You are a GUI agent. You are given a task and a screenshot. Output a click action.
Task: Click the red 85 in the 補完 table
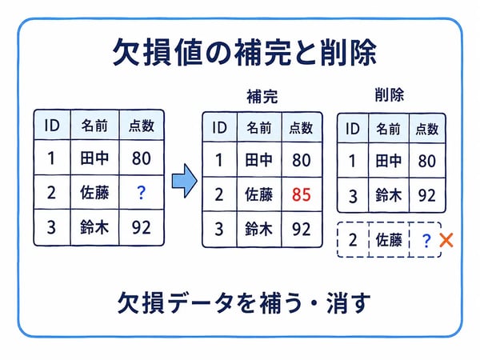click(302, 194)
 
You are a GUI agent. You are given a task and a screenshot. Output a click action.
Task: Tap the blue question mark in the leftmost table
click(141, 193)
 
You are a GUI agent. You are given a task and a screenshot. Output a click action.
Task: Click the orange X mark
click(446, 240)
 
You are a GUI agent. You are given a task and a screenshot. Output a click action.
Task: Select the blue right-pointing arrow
click(184, 181)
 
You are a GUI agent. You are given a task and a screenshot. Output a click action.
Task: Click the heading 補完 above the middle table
click(262, 96)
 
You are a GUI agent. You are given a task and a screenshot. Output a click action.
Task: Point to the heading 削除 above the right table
click(390, 94)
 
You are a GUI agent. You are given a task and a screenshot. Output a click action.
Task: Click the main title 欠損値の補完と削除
click(244, 52)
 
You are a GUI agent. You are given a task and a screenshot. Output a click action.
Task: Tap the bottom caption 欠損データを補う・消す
click(244, 302)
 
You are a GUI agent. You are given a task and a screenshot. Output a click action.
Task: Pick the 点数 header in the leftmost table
click(141, 126)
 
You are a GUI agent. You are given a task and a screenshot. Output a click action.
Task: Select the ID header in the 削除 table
click(352, 129)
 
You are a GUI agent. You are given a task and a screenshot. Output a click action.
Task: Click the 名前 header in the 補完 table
click(259, 128)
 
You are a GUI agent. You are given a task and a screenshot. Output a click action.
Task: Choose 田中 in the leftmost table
click(94, 158)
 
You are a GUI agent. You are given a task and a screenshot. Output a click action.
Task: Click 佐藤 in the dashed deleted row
click(389, 240)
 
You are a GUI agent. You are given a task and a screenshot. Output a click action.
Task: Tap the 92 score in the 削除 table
click(426, 195)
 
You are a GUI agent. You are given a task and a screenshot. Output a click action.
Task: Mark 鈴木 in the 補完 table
click(258, 229)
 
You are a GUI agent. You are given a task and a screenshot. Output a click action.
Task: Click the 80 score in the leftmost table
click(141, 158)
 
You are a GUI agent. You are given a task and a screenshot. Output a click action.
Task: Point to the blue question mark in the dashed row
click(426, 241)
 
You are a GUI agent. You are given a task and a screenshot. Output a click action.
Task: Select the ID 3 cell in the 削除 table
click(353, 196)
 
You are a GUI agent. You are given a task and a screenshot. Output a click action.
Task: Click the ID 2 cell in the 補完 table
click(219, 194)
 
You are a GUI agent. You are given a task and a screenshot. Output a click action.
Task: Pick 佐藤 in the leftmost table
click(94, 193)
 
